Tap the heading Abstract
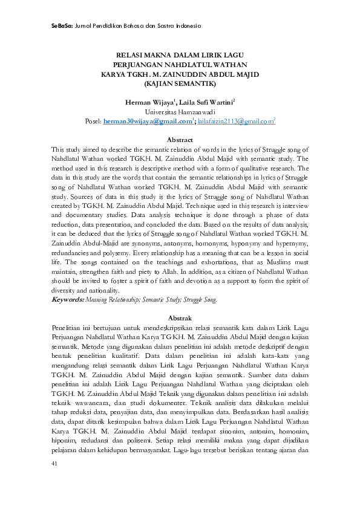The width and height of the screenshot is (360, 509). (180, 140)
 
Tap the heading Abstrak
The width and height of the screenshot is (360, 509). (180, 318)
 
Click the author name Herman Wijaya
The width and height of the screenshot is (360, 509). (149, 102)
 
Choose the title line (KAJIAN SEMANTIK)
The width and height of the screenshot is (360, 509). (180, 83)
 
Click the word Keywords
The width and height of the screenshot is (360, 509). (67, 299)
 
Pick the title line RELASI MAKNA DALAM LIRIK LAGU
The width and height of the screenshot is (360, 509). (180, 54)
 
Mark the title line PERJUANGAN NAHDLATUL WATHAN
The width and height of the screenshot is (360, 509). (180, 63)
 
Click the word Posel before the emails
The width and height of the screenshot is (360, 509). (93, 122)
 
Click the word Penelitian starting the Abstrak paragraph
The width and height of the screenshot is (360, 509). (67, 327)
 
